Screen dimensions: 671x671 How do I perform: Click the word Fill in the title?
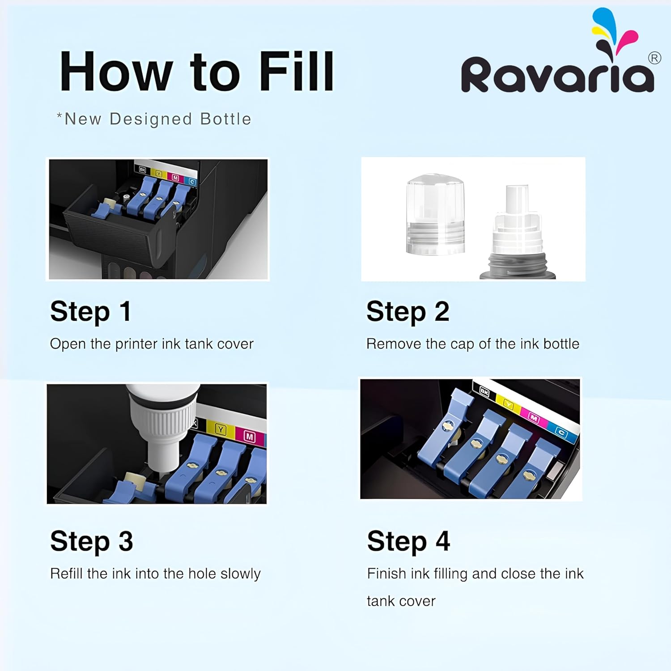pyautogui.click(x=297, y=71)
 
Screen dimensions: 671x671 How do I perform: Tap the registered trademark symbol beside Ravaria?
pyautogui.click(x=654, y=58)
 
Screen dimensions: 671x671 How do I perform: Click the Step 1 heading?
pyautogui.click(x=90, y=311)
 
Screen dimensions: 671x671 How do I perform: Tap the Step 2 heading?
pyautogui.click(x=408, y=311)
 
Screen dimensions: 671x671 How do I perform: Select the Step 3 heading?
pyautogui.click(x=92, y=541)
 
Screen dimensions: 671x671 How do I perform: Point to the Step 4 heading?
pyautogui.click(x=408, y=541)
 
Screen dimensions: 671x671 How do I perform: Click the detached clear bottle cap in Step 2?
pyautogui.click(x=435, y=214)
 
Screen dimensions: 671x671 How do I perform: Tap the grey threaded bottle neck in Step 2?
pyautogui.click(x=518, y=266)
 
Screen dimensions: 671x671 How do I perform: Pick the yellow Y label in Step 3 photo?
pyautogui.click(x=221, y=430)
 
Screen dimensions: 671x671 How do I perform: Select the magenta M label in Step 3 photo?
pyautogui.click(x=250, y=437)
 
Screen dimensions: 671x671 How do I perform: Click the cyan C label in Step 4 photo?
pyautogui.click(x=561, y=433)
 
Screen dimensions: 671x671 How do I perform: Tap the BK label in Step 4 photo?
pyautogui.click(x=484, y=392)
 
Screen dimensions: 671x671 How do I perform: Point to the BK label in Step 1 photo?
pyautogui.click(x=142, y=170)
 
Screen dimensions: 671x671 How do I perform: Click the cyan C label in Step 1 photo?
pyautogui.click(x=192, y=182)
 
